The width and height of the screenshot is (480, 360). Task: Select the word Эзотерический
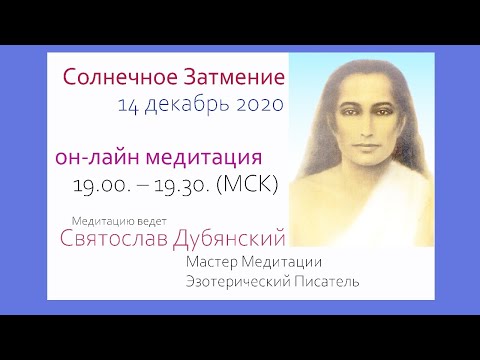[240, 283]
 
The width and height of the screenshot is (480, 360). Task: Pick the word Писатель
[328, 283]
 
